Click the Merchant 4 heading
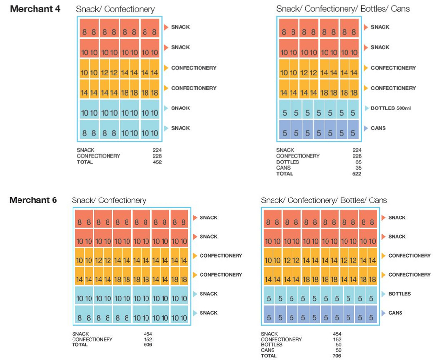tap(35, 9)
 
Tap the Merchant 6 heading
tap(33, 200)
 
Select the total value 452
tap(157, 162)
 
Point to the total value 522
tap(357, 174)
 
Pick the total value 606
tap(148, 345)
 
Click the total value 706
tap(337, 356)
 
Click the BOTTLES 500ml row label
tap(391, 108)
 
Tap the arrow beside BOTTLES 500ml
tap(366, 108)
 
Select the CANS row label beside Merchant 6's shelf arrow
tap(395, 313)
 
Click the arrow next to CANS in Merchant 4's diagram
tap(366, 128)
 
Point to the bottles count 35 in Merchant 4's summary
tap(358, 162)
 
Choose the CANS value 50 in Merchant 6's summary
tap(338, 350)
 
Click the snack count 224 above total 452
tap(157, 150)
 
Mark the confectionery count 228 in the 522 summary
tap(357, 156)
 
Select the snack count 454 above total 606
tap(148, 334)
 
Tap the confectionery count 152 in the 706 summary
tap(337, 340)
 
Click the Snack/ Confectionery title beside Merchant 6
tap(109, 200)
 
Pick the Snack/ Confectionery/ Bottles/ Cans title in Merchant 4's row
tap(343, 9)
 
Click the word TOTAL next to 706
tap(270, 356)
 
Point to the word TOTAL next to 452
tap(85, 162)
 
